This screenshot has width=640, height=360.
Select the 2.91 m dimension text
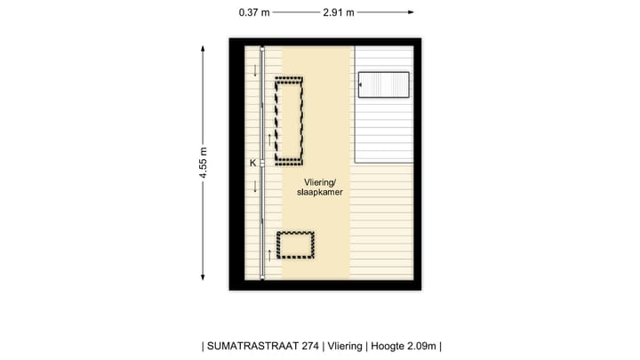tap(339, 12)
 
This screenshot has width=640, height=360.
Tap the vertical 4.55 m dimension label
tap(204, 164)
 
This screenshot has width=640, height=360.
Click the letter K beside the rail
tap(252, 164)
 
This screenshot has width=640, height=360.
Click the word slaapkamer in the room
tap(320, 192)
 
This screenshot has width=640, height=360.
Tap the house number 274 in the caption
tap(311, 347)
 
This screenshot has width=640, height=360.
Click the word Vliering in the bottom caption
tap(344, 347)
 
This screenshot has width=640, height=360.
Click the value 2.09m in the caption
tap(423, 347)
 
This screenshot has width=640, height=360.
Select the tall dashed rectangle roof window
tap(288, 120)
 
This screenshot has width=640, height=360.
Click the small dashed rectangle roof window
tap(296, 244)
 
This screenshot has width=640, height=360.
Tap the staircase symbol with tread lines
tap(384, 85)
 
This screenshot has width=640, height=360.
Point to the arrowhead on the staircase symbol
tap(361, 85)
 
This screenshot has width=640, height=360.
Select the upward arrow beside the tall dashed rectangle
tap(269, 140)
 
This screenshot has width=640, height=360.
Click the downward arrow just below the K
tap(256, 186)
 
